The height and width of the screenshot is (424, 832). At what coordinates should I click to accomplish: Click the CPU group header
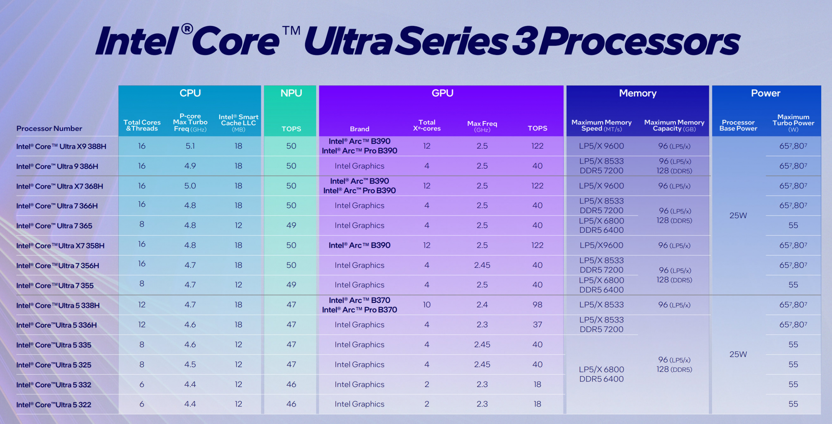[x=190, y=93]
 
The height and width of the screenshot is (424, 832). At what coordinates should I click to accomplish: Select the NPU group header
[x=291, y=93]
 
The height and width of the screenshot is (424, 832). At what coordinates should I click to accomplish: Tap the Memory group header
[x=638, y=93]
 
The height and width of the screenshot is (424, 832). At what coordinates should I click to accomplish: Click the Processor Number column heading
[x=49, y=129]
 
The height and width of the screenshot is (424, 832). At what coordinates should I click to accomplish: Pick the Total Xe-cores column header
[x=427, y=125]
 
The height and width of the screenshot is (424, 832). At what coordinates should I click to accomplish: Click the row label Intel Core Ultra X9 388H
[x=61, y=146]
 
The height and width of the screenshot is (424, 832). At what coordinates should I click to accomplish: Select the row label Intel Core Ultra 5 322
[x=54, y=405]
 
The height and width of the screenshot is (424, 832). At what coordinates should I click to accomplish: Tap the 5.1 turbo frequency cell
[x=190, y=146]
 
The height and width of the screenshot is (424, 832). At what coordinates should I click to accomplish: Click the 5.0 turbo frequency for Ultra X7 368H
[x=190, y=186]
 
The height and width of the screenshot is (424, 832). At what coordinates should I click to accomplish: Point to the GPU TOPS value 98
[x=537, y=305]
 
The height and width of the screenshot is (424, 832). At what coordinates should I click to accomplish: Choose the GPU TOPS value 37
[x=537, y=325]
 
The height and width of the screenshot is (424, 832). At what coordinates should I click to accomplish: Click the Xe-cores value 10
[x=427, y=305]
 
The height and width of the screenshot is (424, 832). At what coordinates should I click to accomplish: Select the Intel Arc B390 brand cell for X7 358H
[x=359, y=245]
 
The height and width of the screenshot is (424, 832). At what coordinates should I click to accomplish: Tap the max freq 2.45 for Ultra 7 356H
[x=482, y=265]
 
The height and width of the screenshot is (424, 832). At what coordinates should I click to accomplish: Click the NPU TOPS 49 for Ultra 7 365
[x=291, y=225]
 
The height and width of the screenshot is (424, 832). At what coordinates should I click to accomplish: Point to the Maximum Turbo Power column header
[x=793, y=123]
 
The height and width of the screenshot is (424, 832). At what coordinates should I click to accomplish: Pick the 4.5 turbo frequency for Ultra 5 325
[x=190, y=365]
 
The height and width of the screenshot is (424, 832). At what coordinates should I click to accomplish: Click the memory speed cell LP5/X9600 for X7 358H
[x=601, y=245]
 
